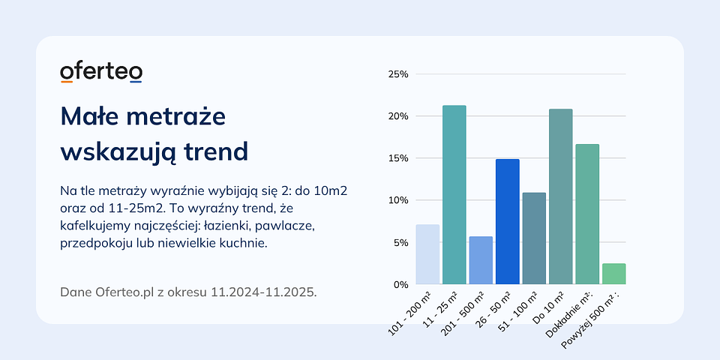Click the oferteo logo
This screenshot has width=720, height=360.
pyautogui.click(x=101, y=72)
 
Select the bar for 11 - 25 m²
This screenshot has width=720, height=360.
pyautogui.click(x=454, y=195)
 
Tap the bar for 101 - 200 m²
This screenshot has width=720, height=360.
pyautogui.click(x=427, y=254)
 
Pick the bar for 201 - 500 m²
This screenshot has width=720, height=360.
pyautogui.click(x=481, y=260)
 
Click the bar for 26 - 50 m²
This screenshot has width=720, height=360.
pyautogui.click(x=507, y=222)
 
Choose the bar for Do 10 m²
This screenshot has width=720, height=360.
pyautogui.click(x=560, y=196)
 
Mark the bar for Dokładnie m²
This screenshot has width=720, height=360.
pyautogui.click(x=587, y=214)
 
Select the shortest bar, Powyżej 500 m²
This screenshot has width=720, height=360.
pyautogui.click(x=613, y=274)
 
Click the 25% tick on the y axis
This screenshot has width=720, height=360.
pyautogui.click(x=397, y=74)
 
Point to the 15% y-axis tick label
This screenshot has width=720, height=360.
pyautogui.click(x=397, y=158)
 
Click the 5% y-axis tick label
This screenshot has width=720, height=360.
pyautogui.click(x=400, y=242)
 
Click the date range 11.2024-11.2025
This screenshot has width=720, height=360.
pyautogui.click(x=264, y=291)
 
